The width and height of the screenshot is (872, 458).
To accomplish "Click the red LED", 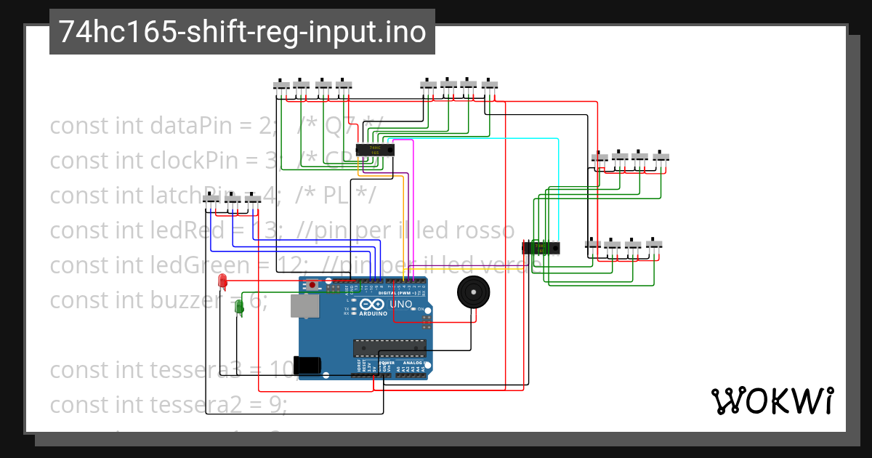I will point(222,280).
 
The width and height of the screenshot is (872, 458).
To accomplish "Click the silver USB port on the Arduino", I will point(304,306).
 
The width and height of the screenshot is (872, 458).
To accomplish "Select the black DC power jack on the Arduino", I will point(307,365).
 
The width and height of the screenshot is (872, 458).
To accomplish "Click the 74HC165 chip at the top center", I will point(375,150).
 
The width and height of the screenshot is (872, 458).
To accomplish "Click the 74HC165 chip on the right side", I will point(541,247).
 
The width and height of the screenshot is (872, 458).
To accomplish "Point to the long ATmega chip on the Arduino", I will point(389,348).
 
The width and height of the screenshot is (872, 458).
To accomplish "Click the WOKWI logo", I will point(772,401).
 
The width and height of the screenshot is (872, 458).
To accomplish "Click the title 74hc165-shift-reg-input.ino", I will point(242,32).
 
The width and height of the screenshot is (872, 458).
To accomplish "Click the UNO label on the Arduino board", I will point(401,304).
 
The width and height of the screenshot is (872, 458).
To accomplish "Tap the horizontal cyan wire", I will point(472,138).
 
